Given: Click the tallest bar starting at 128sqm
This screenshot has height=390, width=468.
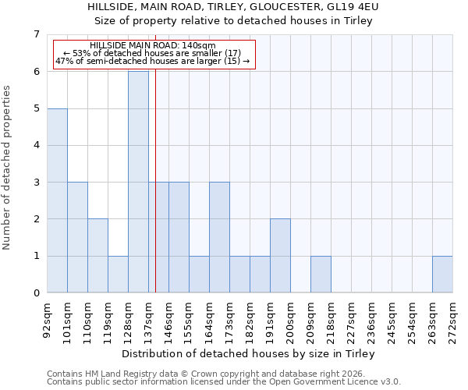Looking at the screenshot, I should pos(138,182).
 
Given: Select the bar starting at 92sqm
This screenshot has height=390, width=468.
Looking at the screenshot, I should pos(57,200).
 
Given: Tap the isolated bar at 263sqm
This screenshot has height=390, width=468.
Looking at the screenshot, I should pos(442,274).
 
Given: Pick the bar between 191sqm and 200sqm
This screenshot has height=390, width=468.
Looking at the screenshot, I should pos(280,256).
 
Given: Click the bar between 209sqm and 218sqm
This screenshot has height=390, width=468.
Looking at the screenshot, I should pos(321,274).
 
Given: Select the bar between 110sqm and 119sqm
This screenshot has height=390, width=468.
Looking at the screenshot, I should pos(97,256).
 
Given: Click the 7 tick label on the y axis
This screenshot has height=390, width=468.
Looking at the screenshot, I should pos(36,34).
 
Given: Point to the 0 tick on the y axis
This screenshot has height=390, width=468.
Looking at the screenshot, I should pos(36,293).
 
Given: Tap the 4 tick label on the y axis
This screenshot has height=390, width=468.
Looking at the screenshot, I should pos(36,145).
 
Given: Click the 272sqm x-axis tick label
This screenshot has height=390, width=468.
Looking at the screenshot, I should pos(452,321).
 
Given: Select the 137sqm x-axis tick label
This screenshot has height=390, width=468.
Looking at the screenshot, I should pos(148,321).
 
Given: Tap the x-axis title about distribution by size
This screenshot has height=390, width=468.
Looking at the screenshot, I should pos(250,353).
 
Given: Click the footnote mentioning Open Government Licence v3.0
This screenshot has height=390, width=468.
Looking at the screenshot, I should pos(224,382).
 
